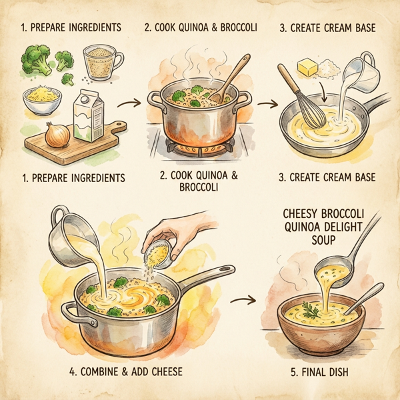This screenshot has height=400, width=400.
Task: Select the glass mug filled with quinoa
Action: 104,63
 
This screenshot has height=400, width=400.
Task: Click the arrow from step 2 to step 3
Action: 268,105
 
